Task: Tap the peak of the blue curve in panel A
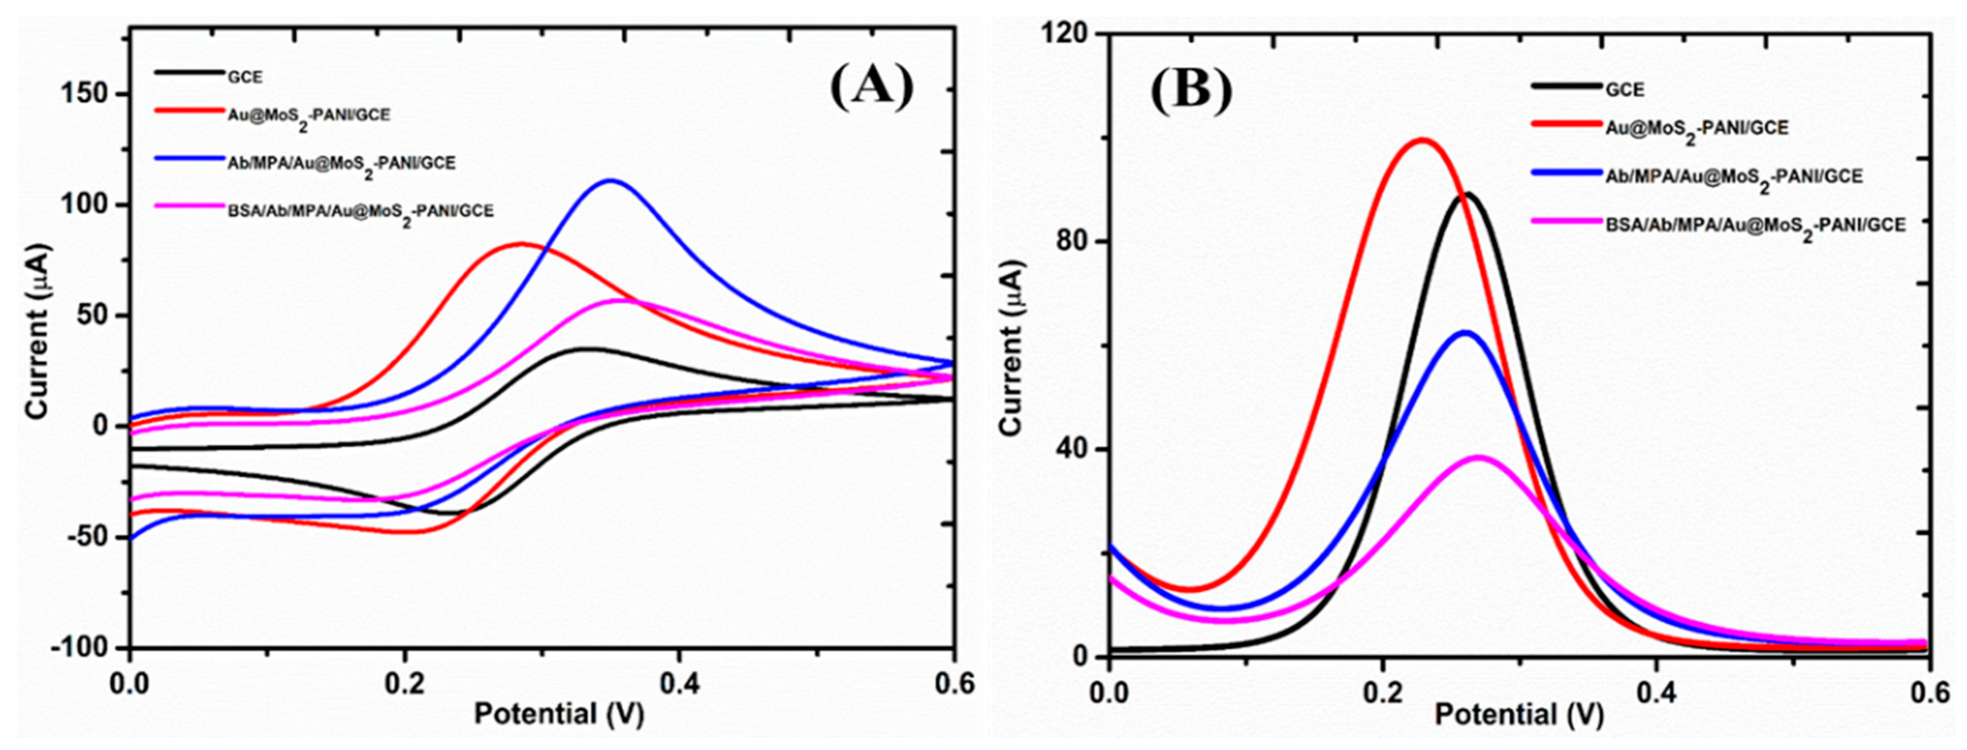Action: point(611,181)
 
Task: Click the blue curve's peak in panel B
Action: point(1465,332)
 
